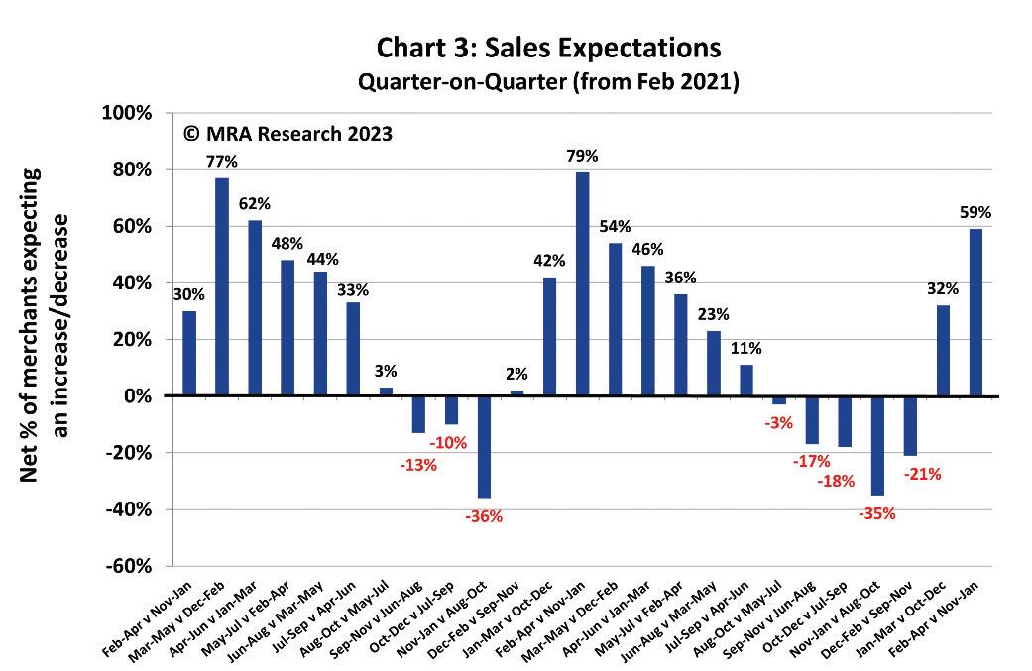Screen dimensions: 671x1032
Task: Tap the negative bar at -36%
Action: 484,446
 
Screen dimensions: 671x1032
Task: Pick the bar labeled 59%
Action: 976,312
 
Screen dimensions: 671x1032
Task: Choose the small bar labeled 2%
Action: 516,393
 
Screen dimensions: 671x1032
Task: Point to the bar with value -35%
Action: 877,445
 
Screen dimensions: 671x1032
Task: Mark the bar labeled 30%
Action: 189,354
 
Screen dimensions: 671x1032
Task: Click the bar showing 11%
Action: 746,381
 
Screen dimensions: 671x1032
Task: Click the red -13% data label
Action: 418,464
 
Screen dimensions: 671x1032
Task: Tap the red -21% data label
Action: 922,474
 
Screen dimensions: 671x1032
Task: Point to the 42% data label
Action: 549,261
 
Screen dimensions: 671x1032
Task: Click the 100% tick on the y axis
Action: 127,113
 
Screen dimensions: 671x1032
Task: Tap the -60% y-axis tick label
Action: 129,567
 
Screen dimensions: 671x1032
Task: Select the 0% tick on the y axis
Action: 137,396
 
